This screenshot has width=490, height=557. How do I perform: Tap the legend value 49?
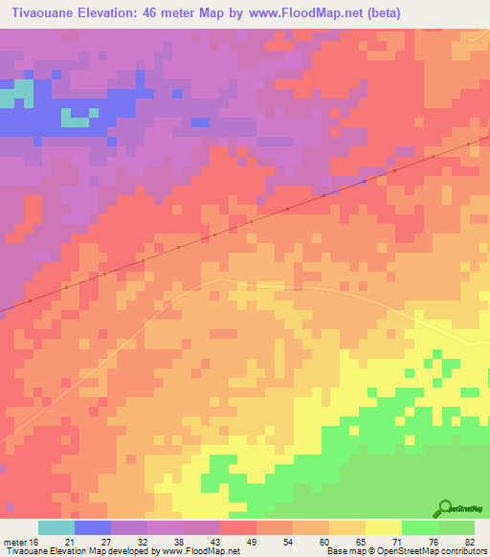point(252,542)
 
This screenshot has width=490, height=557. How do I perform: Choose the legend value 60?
point(323,542)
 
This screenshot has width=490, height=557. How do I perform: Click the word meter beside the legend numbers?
point(15,542)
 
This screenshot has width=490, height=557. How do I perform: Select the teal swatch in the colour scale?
point(56,527)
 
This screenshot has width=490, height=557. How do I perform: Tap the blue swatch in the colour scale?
point(92,527)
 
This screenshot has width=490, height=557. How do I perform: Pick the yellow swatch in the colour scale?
point(383,527)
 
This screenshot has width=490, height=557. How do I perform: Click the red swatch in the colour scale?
point(237,527)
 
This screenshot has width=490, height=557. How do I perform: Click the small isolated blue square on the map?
point(200,122)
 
